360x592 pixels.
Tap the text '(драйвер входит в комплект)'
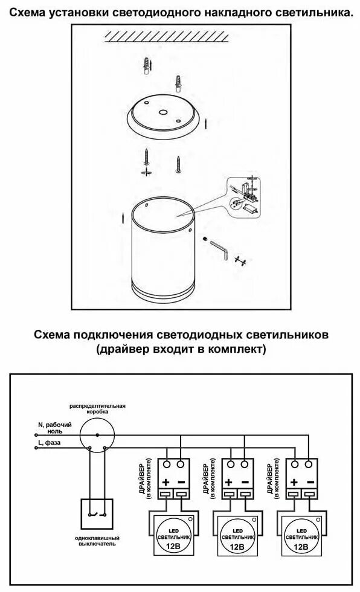180,349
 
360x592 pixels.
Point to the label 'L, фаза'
50,443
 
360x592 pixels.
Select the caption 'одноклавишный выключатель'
97,540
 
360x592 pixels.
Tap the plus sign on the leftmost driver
165,482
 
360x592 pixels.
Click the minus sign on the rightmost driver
309,482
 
